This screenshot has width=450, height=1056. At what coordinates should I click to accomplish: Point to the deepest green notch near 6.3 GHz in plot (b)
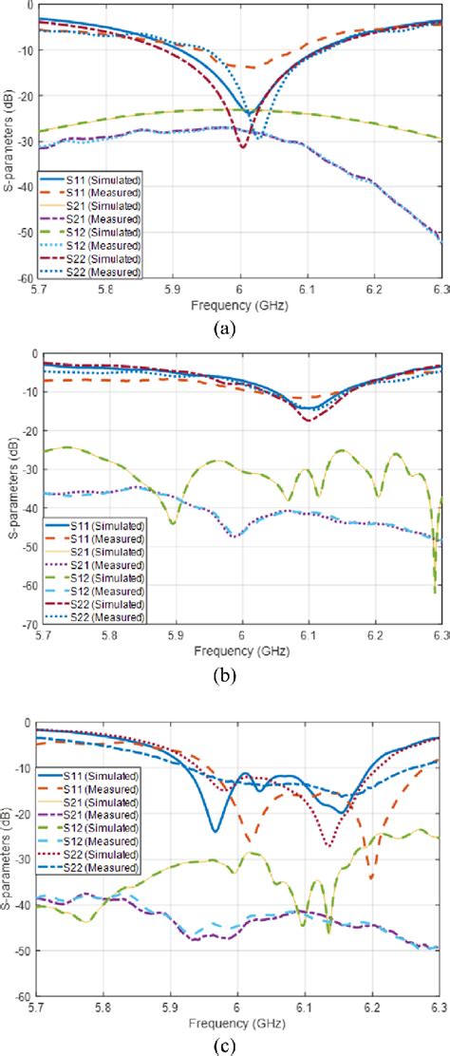click(435, 593)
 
